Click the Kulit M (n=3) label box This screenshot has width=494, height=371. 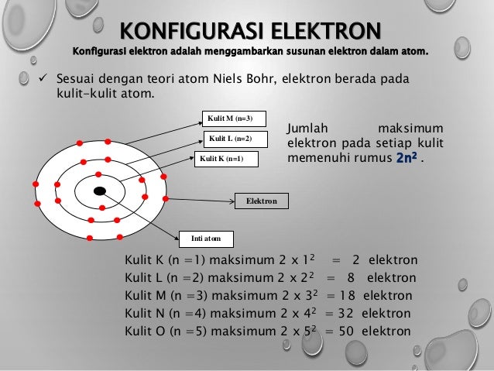[232, 119]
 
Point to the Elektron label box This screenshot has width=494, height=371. [261, 201]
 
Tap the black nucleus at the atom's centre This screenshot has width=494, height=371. [99, 191]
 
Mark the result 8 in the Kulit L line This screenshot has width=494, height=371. [351, 277]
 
